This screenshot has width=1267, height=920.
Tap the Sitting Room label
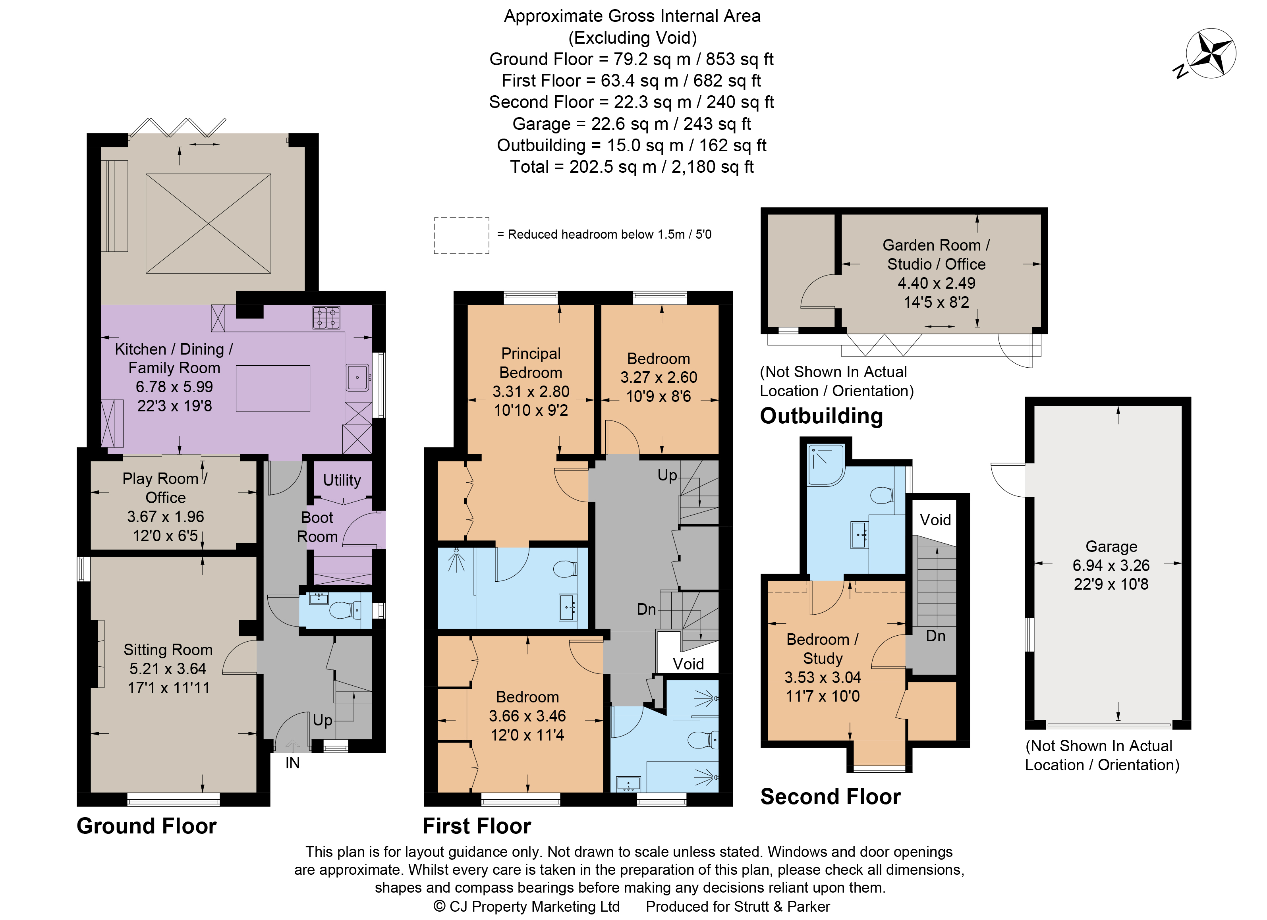pyautogui.click(x=168, y=650)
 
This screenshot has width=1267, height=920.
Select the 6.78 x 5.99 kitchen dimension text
pyautogui.click(x=174, y=387)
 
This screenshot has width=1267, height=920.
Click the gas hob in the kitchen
pyautogui.click(x=326, y=318)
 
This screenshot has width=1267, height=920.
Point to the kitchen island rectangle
pyautogui.click(x=272, y=389)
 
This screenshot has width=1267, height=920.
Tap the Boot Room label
pyautogui.click(x=317, y=527)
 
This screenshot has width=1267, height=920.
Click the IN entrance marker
pyautogui.click(x=292, y=763)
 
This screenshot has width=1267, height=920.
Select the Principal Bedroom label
pyautogui.click(x=531, y=363)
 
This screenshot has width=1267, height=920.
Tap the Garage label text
pyautogui.click(x=1111, y=546)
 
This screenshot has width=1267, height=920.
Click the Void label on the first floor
pyautogui.click(x=688, y=663)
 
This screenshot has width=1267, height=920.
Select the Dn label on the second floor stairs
pyautogui.click(x=935, y=636)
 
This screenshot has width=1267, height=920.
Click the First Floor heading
pyautogui.click(x=477, y=826)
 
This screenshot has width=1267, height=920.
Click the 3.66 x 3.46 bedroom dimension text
pyautogui.click(x=527, y=716)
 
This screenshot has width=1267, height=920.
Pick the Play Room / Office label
pyautogui.click(x=165, y=488)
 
